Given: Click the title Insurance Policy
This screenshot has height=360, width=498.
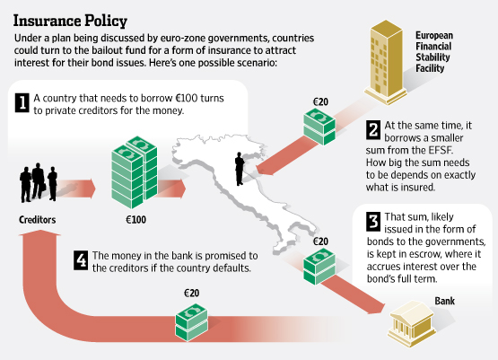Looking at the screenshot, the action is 70,21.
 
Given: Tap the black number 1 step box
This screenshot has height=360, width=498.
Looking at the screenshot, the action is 22,102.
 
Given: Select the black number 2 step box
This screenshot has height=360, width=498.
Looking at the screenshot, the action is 373,129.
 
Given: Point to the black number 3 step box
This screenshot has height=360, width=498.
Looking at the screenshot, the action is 373,221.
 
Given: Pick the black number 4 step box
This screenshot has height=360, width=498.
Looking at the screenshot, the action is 81,260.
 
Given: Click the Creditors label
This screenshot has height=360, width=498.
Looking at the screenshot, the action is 37,220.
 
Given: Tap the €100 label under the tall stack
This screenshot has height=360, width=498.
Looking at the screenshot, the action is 135,220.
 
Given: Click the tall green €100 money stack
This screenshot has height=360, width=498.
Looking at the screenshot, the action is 135,171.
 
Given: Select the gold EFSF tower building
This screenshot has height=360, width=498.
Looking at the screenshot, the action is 386,62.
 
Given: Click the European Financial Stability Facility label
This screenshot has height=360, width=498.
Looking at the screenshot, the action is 434,52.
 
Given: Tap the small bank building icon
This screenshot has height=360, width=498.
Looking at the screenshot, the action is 412,320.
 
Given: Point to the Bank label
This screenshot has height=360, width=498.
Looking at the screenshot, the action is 445,301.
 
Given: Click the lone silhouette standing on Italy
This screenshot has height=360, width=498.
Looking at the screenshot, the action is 240,169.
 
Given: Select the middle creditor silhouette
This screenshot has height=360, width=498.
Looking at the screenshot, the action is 38,181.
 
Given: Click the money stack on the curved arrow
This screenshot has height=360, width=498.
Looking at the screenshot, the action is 191,322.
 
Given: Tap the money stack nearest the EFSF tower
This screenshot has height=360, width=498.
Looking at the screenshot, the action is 319,127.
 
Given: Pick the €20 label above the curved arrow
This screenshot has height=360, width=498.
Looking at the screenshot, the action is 191,293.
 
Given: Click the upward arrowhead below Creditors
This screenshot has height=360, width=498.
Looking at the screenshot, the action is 39,233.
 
